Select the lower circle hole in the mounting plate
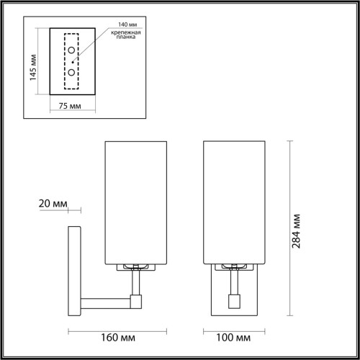click(x=72, y=74)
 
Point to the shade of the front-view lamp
click(x=235, y=201)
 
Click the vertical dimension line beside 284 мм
click(x=291, y=227)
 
